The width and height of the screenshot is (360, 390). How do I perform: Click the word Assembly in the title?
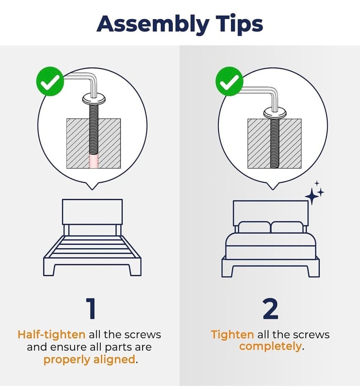pos(153,24)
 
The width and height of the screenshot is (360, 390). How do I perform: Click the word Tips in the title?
pos(239,24)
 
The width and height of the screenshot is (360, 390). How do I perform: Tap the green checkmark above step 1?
pos(50,81)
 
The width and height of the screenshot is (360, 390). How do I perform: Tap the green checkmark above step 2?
pos(229,81)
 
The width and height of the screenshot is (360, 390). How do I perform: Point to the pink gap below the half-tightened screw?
pos(94,161)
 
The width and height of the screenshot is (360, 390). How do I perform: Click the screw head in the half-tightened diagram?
pos(94,99)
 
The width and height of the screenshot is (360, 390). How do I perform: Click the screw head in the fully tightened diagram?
pos(275,114)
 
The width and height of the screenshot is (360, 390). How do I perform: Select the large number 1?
pos(91,308)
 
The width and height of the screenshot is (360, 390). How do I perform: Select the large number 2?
pos(270,308)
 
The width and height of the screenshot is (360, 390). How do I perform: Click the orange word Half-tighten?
pos(52,335)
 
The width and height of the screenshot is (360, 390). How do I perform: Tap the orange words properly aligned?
pos(90,359)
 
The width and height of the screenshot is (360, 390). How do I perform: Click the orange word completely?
pos(270,346)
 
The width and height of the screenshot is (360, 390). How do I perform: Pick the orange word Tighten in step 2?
pos(232,335)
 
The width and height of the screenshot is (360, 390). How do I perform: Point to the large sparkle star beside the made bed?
pos(312,197)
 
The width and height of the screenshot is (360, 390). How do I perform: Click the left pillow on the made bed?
pos(254,227)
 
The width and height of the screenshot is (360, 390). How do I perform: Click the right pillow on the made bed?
pos(287,227)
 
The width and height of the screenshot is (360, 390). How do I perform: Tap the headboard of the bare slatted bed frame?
pos(92,212)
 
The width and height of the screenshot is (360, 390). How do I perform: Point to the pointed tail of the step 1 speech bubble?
pos(92,189)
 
